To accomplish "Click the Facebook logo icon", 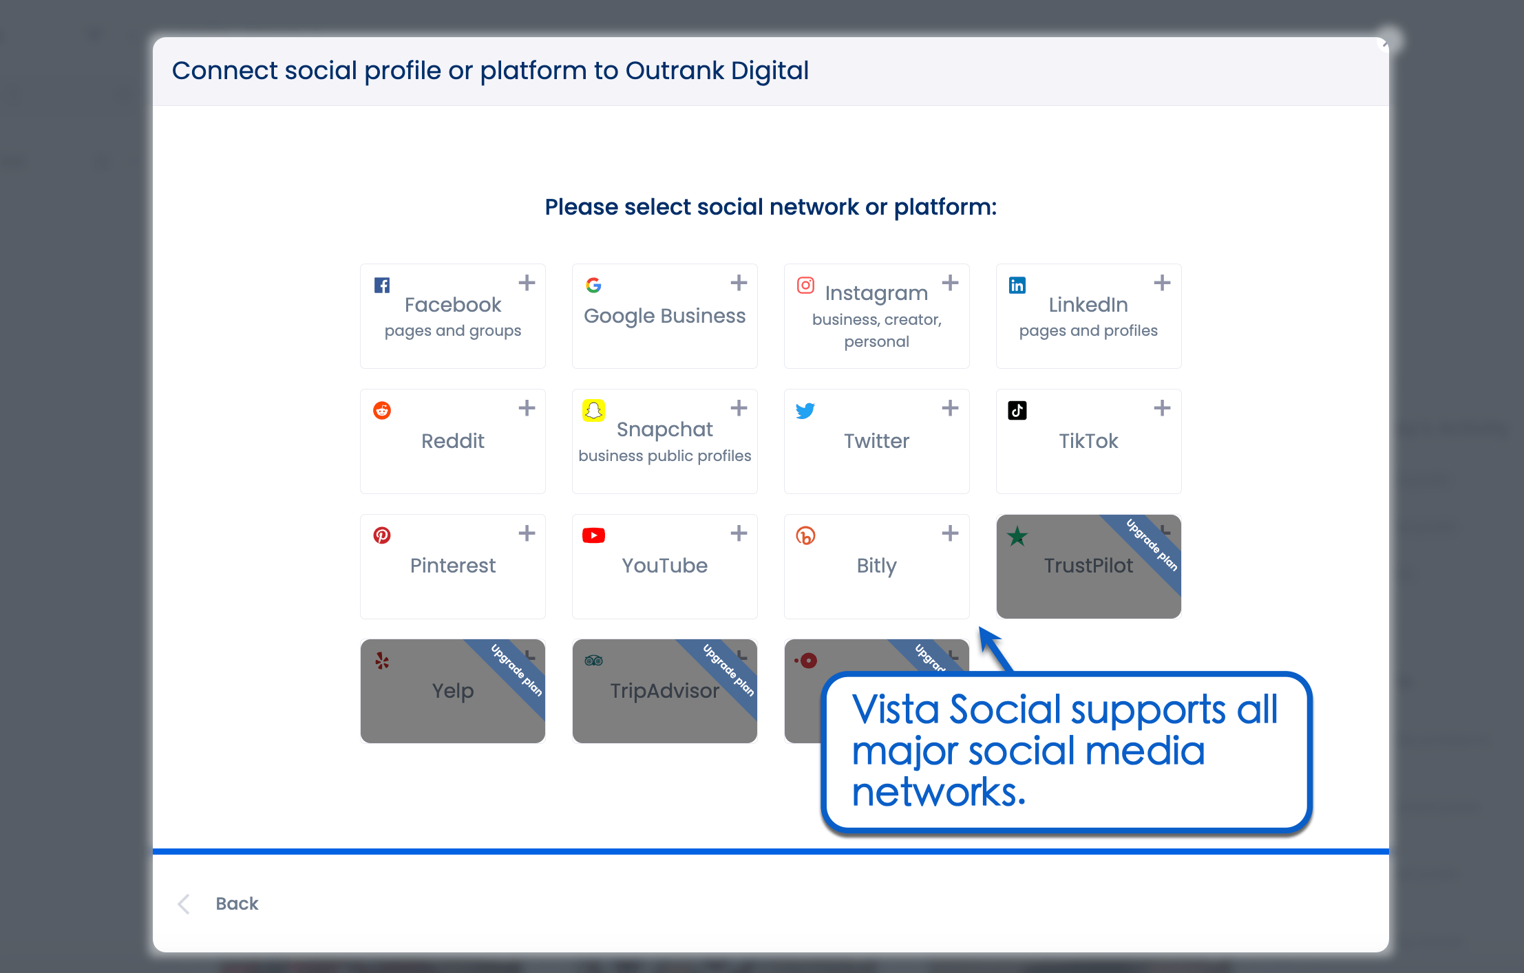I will click(382, 285).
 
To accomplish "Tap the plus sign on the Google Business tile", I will click(739, 283).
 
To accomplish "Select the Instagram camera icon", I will click(805, 285).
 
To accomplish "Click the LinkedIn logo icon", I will click(1017, 285).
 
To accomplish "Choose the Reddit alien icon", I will click(382, 410).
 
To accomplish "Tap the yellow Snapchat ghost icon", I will click(593, 410).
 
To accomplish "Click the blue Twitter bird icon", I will click(805, 410).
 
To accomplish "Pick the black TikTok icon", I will click(1017, 410).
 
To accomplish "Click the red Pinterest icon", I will click(382, 535).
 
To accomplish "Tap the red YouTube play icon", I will click(593, 535).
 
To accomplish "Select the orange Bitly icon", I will click(805, 535).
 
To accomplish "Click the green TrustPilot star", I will click(1017, 536).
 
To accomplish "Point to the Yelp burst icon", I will click(382, 661).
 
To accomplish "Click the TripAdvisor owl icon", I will click(593, 661).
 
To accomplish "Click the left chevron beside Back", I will click(184, 903).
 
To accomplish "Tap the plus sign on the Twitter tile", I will click(950, 408).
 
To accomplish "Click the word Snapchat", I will click(664, 429).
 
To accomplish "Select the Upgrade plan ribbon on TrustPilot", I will click(1150, 544).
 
